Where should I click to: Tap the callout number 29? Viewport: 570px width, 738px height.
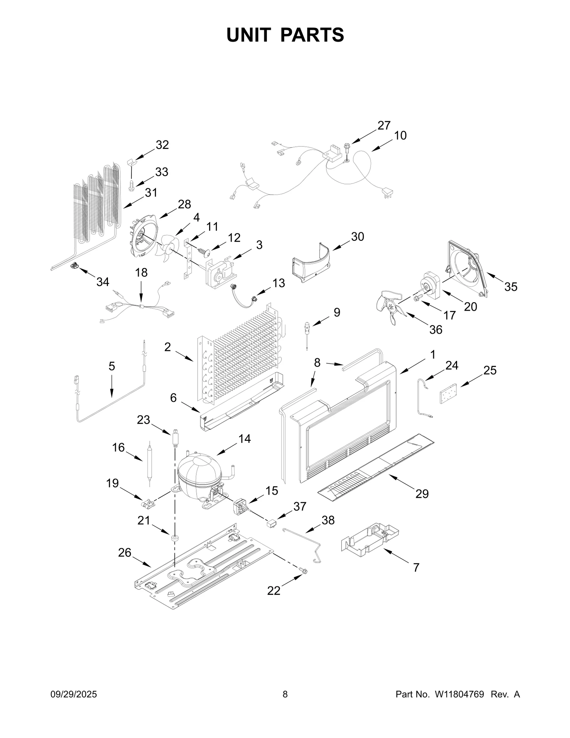[x=422, y=494]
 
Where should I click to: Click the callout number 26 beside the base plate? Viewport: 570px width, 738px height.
[x=125, y=553]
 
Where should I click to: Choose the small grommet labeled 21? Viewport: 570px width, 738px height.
[x=175, y=538]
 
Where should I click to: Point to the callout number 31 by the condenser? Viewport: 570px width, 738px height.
[x=151, y=193]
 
